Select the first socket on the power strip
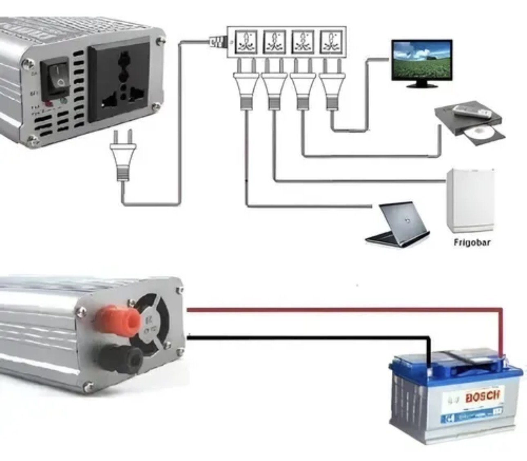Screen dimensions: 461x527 [246, 42]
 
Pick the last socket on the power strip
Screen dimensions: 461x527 [331, 42]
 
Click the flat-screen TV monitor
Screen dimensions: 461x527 [422, 61]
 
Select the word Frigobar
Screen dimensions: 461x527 [472, 243]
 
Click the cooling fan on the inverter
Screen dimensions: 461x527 [152, 324]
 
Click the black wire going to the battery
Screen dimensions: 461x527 [306, 338]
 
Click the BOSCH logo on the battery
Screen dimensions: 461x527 [482, 396]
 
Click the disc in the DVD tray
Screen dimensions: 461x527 [482, 132]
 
